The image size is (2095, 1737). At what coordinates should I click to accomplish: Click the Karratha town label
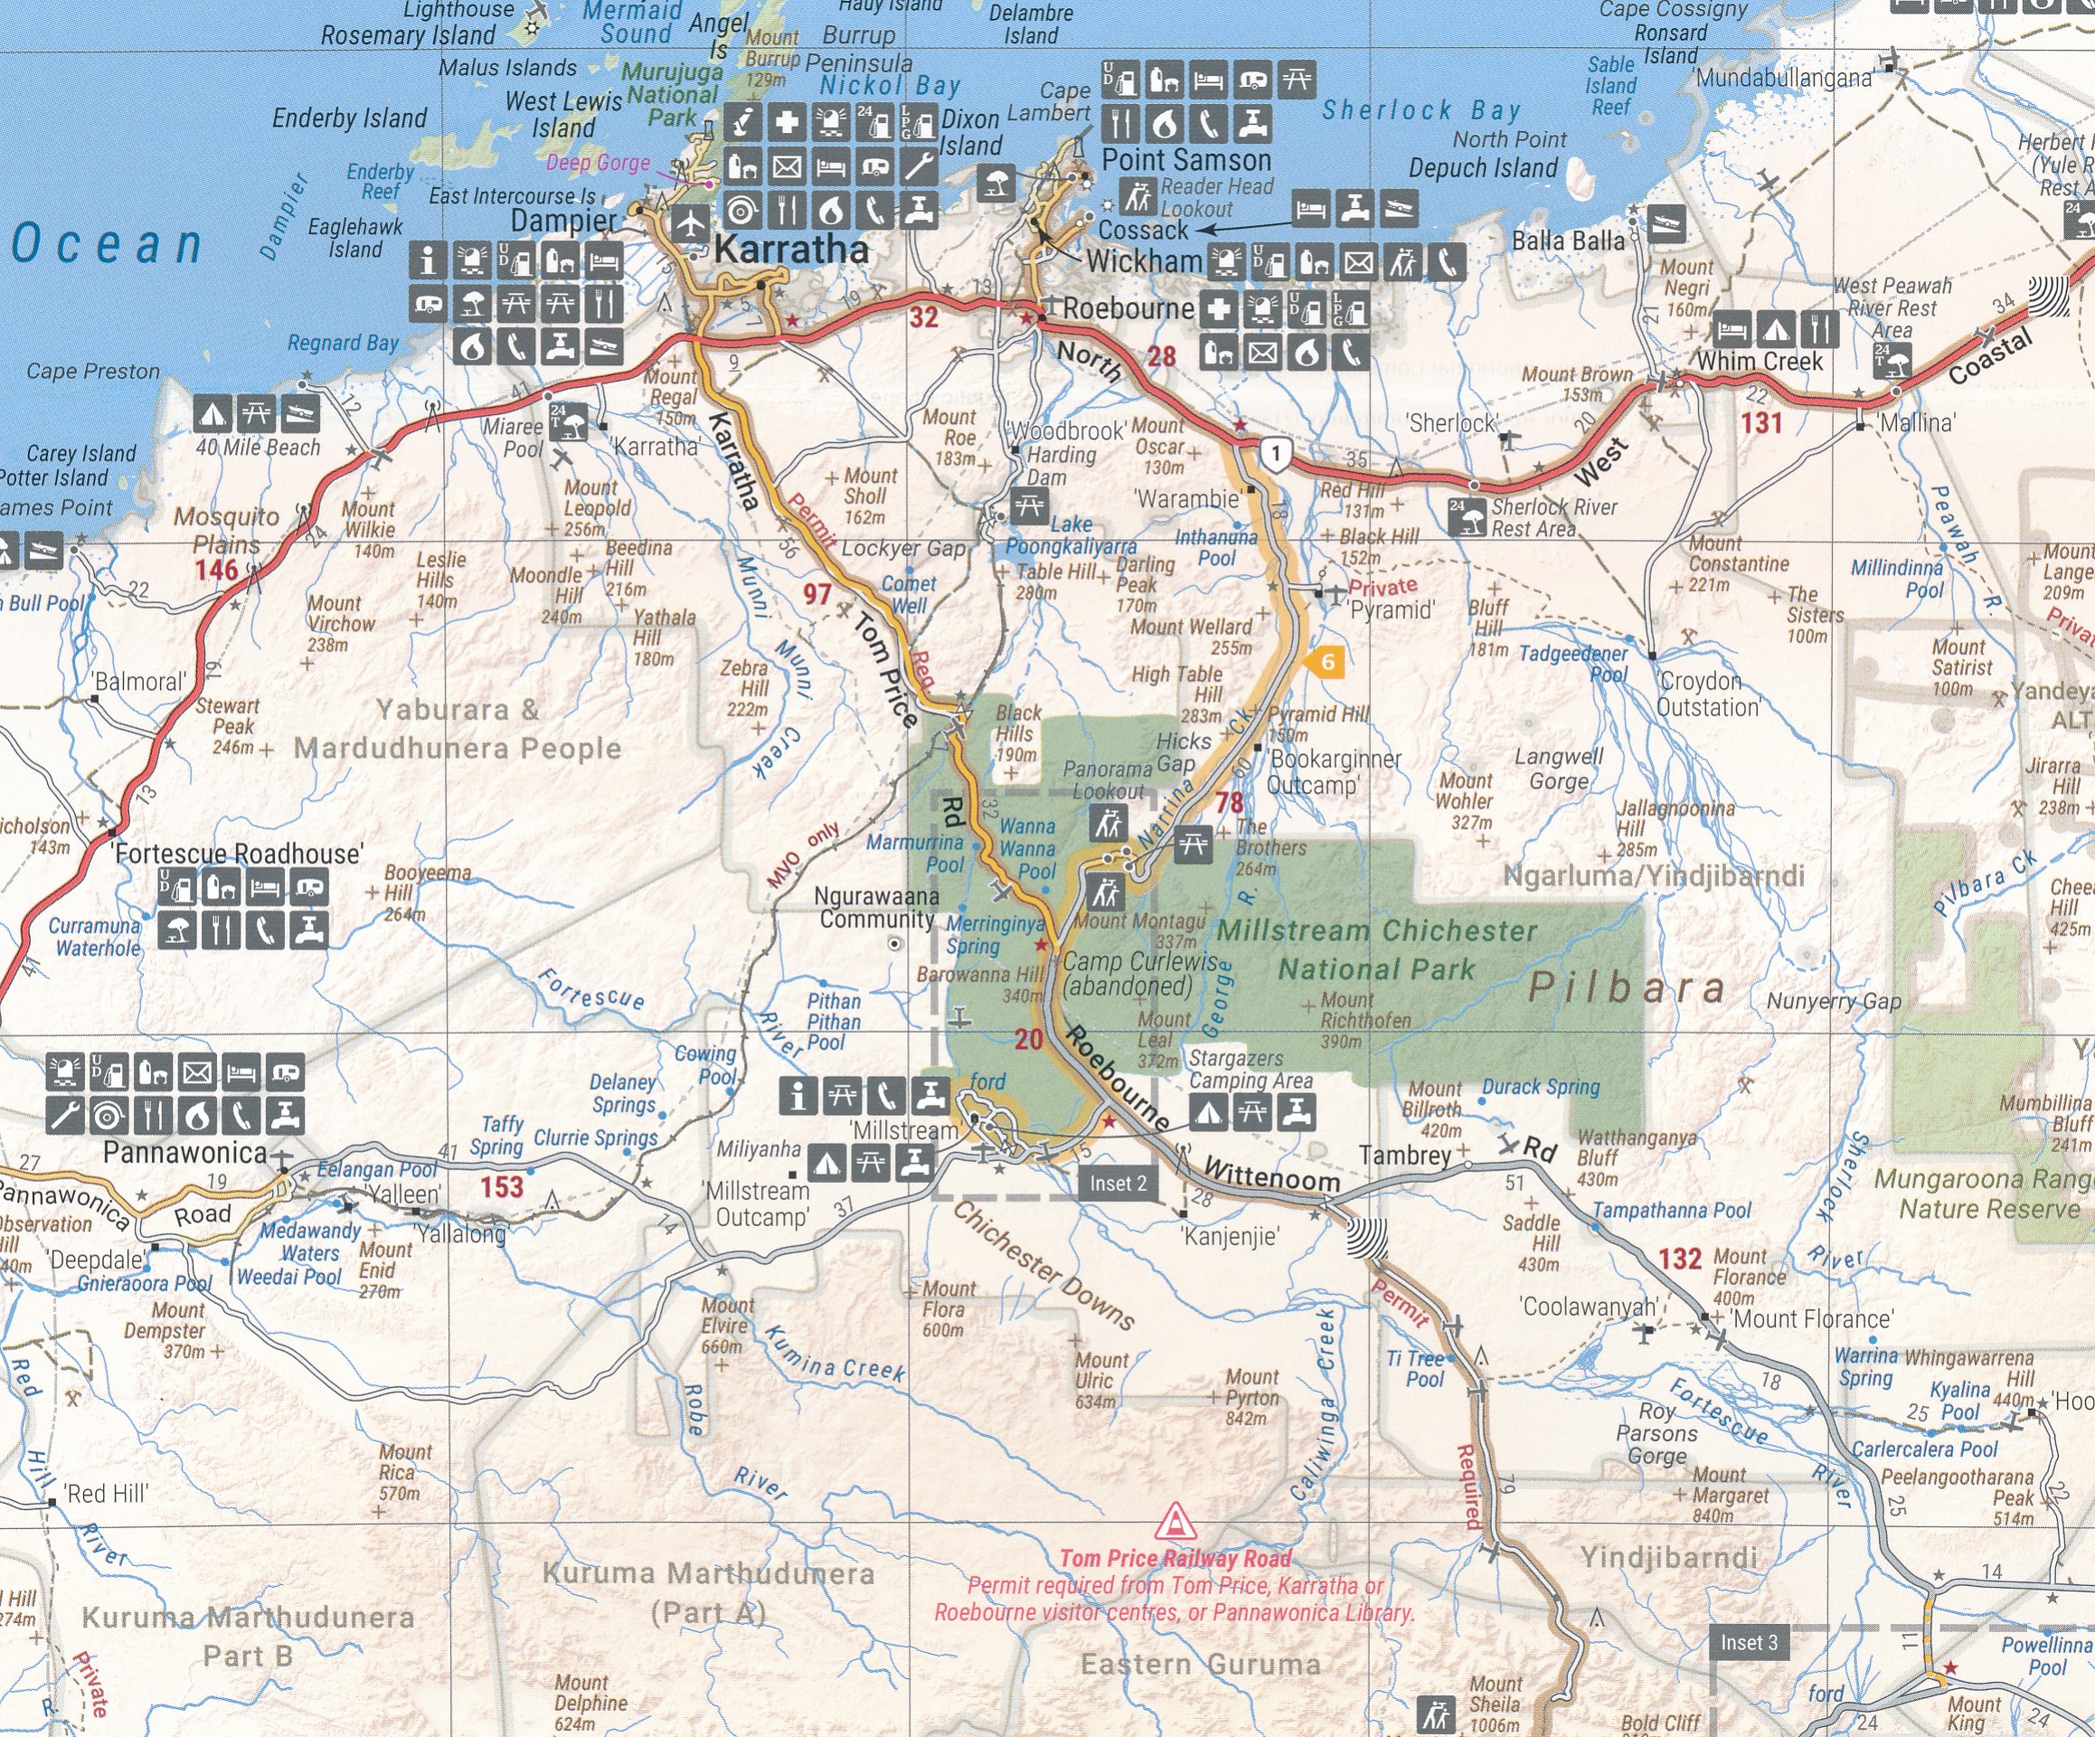791,249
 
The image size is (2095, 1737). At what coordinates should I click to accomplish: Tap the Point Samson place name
1185,160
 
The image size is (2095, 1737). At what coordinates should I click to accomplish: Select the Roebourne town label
1128,308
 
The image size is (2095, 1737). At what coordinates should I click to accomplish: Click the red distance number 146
215,570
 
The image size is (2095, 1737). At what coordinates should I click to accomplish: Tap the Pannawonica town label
184,1154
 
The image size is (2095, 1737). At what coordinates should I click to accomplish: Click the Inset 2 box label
1118,1184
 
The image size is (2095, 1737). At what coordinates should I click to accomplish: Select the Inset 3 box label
1749,1643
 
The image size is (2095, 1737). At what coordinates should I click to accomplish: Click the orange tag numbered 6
1326,662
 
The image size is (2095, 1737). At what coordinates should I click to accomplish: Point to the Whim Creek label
1759,361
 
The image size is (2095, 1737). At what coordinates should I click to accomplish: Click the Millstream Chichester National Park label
1377,949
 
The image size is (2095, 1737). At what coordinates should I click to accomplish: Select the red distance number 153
501,1186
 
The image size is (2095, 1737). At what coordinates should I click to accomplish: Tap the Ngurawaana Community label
877,907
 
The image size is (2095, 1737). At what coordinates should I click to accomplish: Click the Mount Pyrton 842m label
1251,1397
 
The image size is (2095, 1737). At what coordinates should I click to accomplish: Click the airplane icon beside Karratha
689,223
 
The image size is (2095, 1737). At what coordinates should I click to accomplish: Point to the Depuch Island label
1483,167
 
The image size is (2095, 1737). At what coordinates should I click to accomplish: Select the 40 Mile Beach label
258,447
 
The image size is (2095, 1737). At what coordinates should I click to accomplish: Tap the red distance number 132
1680,1258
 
